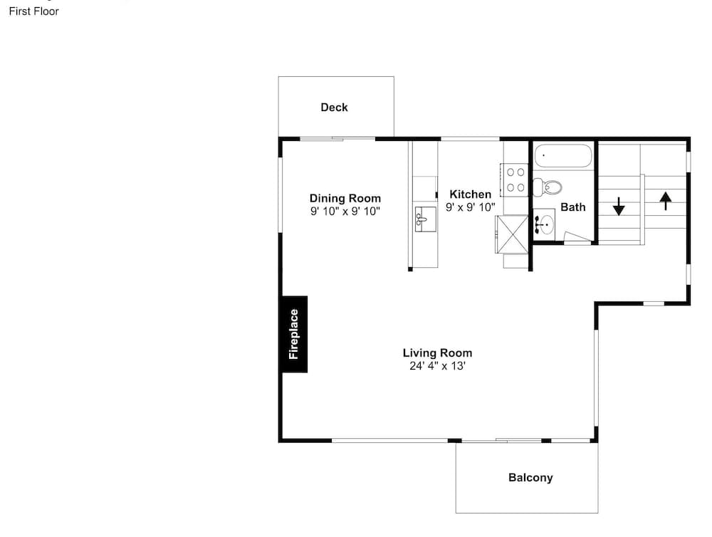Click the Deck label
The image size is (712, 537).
click(x=334, y=108)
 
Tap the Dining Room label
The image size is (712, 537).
click(x=345, y=198)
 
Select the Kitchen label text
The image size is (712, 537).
click(x=471, y=194)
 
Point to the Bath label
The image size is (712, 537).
click(x=573, y=207)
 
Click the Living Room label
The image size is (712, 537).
click(x=437, y=353)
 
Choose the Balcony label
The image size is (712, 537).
click(x=530, y=477)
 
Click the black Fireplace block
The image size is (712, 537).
click(x=294, y=334)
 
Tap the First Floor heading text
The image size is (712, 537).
click(x=33, y=11)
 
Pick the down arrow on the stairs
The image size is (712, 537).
click(x=619, y=206)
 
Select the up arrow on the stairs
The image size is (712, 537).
click(x=666, y=201)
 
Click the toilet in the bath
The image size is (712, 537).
click(x=547, y=187)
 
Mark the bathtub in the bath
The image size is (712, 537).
click(x=563, y=156)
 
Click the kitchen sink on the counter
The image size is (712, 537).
click(x=426, y=219)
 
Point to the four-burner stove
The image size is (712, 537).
click(x=515, y=180)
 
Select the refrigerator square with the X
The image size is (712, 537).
click(x=512, y=234)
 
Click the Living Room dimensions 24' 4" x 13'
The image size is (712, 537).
click(x=437, y=366)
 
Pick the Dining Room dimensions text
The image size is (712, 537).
click(x=345, y=212)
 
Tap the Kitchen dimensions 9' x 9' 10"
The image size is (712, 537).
click(x=471, y=208)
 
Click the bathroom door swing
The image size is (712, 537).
click(x=577, y=237)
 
